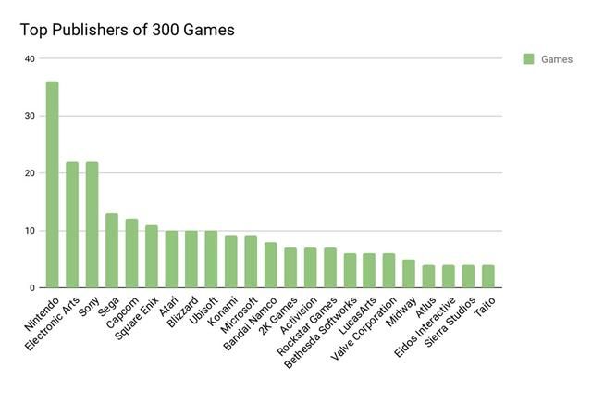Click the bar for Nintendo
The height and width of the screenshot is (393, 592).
pos(53,185)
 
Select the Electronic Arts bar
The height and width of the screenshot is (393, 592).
pos(72,225)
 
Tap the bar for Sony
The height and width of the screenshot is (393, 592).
pos(92,225)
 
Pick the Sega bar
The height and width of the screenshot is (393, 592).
pos(112,250)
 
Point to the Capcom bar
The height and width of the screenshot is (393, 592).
pos(131,253)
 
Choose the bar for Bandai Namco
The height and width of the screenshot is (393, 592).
pos(270,265)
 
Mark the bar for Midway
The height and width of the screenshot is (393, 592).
pos(408,273)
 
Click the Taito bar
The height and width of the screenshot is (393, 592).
pos(487,276)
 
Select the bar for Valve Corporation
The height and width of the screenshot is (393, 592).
pos(388,271)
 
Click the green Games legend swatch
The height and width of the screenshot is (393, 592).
pos(528,59)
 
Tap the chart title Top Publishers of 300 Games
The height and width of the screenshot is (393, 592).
pos(128,30)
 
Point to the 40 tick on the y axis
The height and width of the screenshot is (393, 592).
pos(30,59)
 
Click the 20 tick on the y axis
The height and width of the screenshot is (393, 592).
pos(30,173)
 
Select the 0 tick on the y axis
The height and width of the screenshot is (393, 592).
pos(31,288)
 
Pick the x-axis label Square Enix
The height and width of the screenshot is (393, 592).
pos(137,316)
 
